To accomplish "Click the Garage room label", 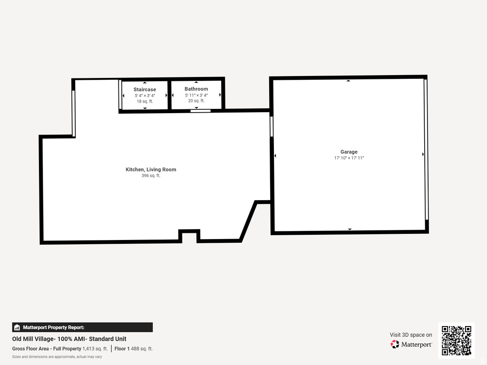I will click(349, 152).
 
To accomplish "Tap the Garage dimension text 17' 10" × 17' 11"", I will click(349, 158).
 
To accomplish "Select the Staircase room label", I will click(145, 89).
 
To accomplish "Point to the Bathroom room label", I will click(196, 89).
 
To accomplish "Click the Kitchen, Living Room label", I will click(151, 170).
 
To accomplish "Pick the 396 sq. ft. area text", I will click(151, 176).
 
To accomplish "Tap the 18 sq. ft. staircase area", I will click(145, 101).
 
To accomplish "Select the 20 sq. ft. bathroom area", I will click(196, 101).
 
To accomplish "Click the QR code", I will click(456, 340).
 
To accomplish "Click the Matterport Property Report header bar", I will click(82, 327).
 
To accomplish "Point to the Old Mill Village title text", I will click(69, 339).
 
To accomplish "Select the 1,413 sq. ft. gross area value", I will click(95, 349).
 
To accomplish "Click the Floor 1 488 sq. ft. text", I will click(134, 349).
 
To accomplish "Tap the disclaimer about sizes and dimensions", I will click(57, 356).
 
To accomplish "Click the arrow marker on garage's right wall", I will click(423, 154).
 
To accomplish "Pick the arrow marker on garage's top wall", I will click(348, 81).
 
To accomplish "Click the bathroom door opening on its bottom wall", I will click(200, 111).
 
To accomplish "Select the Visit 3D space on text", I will click(411, 335).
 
